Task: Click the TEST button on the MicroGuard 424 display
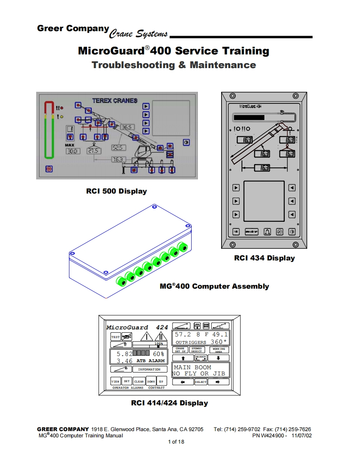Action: click(x=115, y=337)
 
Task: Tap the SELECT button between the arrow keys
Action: click(x=201, y=382)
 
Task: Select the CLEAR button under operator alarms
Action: click(x=139, y=381)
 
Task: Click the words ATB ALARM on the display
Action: click(x=150, y=361)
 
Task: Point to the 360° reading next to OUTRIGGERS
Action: click(x=218, y=342)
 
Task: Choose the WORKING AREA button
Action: click(x=219, y=350)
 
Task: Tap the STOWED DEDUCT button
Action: click(x=197, y=350)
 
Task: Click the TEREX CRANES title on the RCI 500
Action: click(x=114, y=101)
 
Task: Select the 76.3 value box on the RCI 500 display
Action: click(x=118, y=159)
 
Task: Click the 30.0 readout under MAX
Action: click(x=73, y=151)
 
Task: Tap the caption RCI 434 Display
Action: click(x=264, y=258)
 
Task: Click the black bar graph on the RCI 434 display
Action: click(x=249, y=118)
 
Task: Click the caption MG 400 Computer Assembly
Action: click(x=214, y=286)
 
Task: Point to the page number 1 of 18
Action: click(x=176, y=442)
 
